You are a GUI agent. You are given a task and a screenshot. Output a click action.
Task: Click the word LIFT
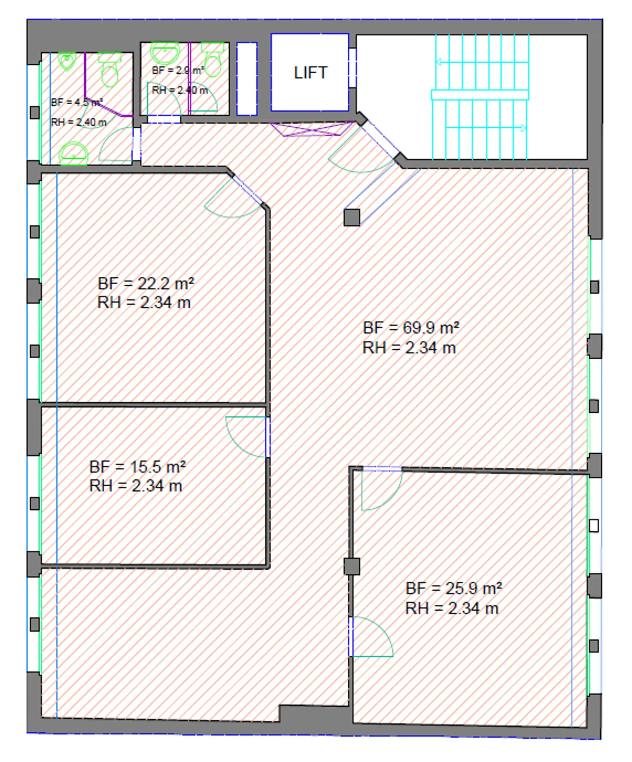[310, 73]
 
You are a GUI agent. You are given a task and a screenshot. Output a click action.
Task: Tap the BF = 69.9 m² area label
[411, 328]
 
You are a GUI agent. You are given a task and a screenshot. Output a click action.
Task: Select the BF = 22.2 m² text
[146, 283]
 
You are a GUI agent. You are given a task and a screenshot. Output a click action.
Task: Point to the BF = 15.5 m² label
[138, 467]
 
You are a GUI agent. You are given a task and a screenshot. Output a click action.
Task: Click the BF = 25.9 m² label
[454, 588]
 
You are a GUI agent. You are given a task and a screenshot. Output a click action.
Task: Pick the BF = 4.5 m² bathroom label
[77, 102]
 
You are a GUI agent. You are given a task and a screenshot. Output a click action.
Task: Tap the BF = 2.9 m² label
[178, 70]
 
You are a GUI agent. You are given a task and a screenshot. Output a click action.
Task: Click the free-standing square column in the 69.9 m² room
[352, 217]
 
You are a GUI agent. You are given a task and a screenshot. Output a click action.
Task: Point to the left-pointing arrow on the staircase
[481, 62]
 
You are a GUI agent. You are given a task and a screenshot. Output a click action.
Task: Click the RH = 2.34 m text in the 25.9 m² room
[452, 608]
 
